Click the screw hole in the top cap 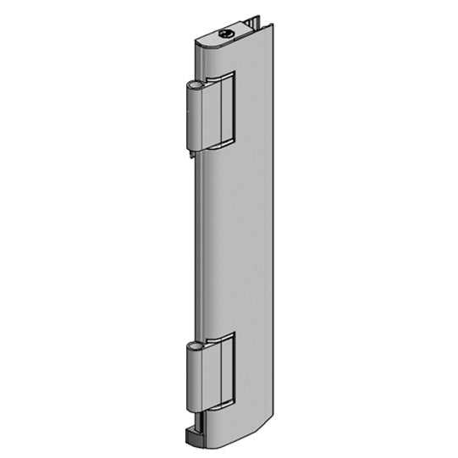pos(226,34)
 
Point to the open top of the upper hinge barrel pos(195,86)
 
